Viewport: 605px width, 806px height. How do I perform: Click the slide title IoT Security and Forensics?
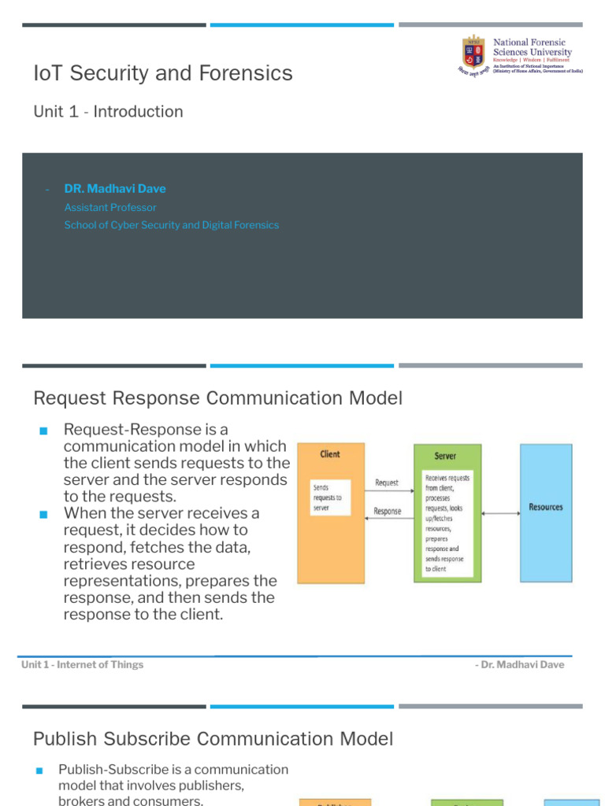(163, 73)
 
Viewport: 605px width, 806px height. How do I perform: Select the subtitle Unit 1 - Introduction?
(108, 112)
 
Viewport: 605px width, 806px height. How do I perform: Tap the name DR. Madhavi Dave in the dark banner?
(115, 189)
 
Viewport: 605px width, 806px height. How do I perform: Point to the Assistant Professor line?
(110, 208)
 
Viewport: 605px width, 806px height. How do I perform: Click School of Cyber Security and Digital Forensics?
(172, 225)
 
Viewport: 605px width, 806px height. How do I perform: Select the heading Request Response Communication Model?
(217, 398)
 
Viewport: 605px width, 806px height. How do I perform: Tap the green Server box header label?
(445, 456)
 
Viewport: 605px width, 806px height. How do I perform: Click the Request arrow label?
(387, 482)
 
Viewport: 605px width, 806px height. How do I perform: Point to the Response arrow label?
(388, 511)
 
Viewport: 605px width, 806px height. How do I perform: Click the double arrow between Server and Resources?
(500, 513)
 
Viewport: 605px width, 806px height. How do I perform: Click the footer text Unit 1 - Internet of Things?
(83, 664)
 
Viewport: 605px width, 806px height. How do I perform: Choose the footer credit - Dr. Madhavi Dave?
(520, 664)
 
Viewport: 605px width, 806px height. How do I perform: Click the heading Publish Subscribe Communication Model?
(213, 739)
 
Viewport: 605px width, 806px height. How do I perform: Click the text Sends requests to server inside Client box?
(327, 498)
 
